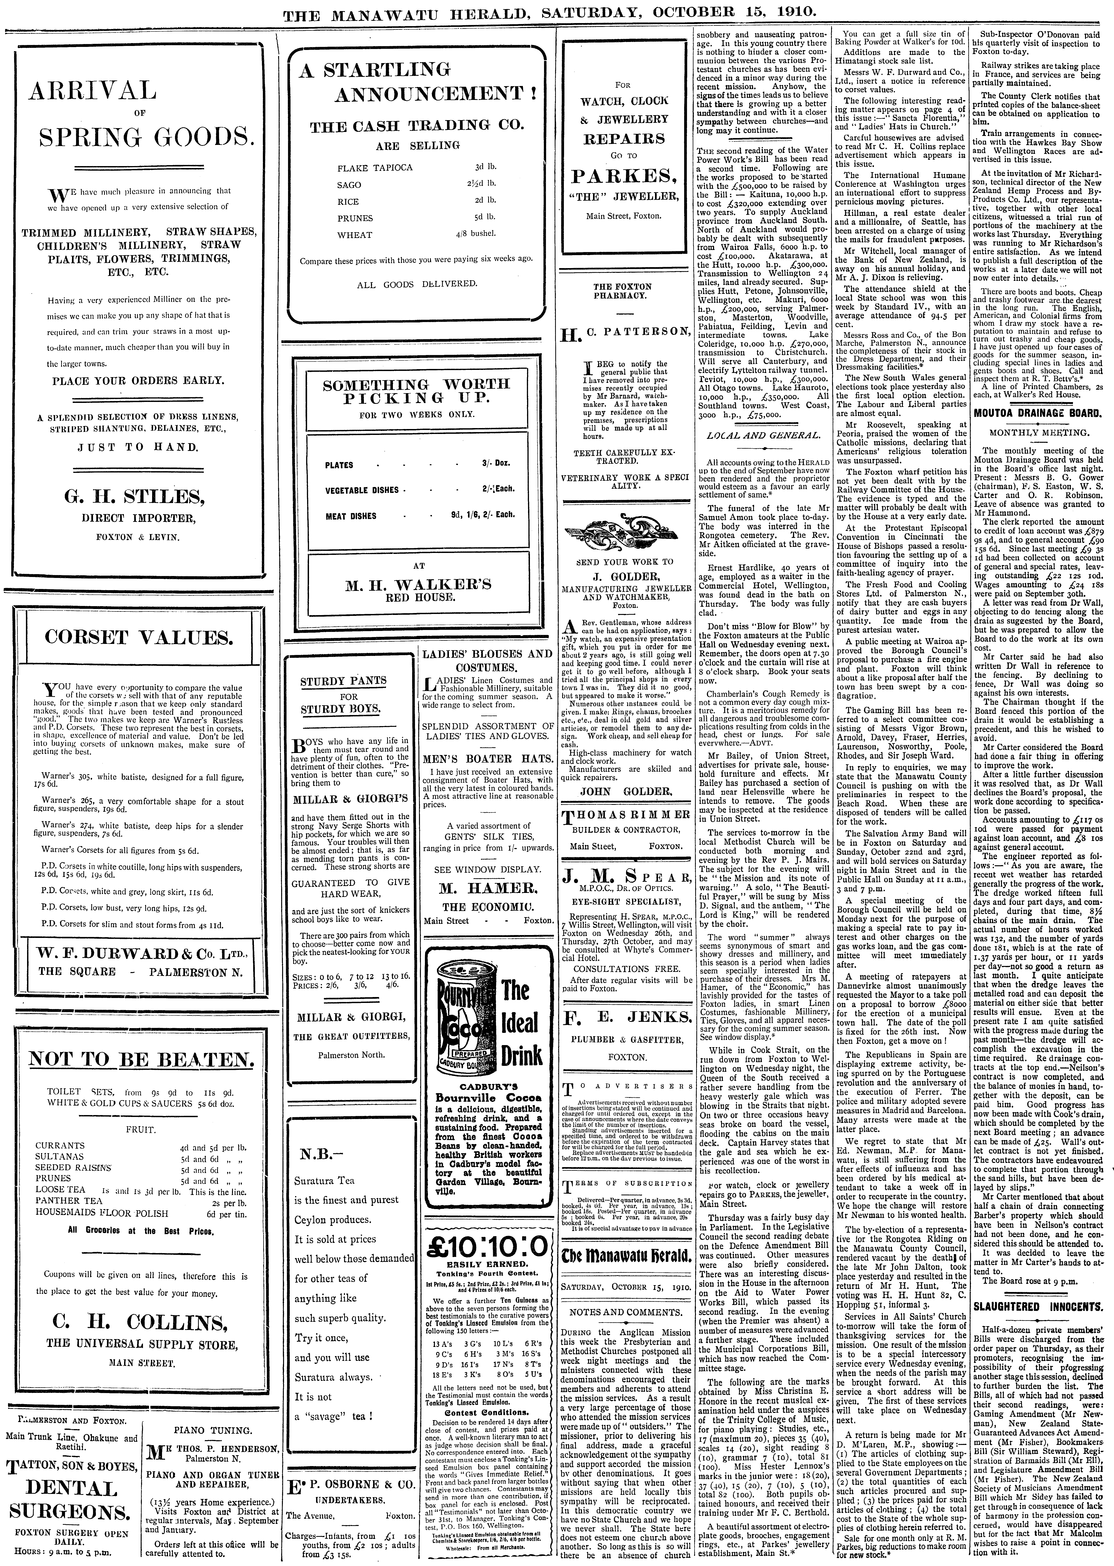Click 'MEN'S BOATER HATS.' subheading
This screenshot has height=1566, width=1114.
pyautogui.click(x=487, y=759)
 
